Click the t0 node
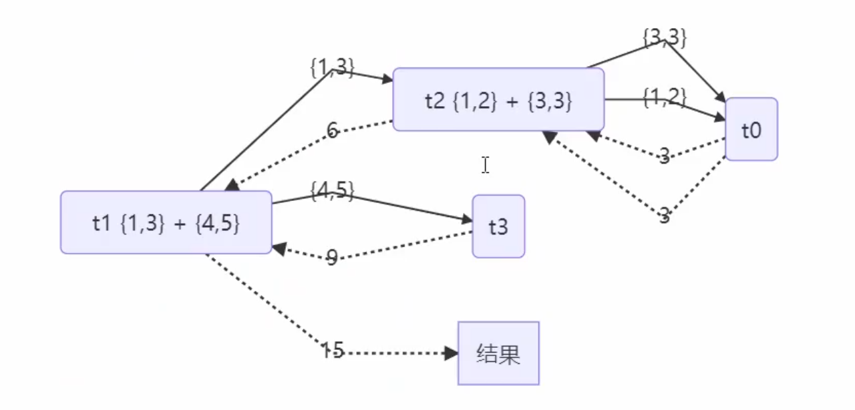(751, 130)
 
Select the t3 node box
(498, 226)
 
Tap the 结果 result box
(498, 354)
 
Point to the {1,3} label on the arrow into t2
(332, 67)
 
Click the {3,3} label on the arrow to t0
(665, 37)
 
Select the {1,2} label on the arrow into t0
(665, 97)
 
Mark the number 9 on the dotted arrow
(332, 258)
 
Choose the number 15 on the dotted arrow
(332, 350)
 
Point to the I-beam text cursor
(485, 165)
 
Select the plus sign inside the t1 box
(179, 224)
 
